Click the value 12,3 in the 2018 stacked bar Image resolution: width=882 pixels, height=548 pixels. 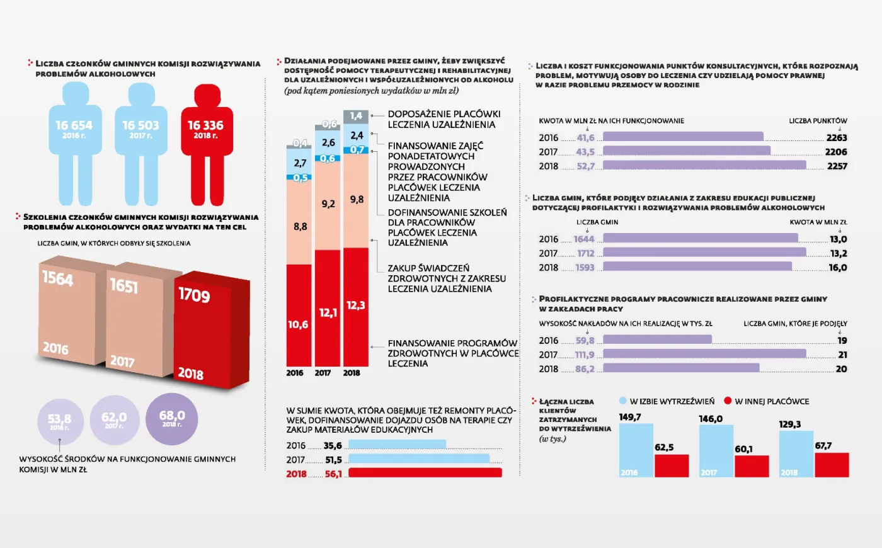(355, 305)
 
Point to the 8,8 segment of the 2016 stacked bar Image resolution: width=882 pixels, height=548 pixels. (300, 226)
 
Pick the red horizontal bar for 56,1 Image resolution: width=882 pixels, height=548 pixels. (425, 473)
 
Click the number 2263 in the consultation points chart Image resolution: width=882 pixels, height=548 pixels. (836, 138)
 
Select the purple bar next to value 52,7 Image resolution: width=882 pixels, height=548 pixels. (704, 166)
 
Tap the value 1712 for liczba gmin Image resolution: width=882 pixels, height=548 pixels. (585, 253)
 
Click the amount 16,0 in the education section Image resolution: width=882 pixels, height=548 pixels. (837, 268)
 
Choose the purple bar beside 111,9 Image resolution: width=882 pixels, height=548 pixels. (704, 354)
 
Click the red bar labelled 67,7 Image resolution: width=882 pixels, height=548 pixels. (832, 464)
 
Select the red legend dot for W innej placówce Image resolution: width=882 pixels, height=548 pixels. (728, 401)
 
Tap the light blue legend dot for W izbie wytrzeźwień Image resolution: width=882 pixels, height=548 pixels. (623, 401)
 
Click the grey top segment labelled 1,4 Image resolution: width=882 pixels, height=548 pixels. (356, 117)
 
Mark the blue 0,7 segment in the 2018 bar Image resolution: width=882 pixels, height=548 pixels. (357, 150)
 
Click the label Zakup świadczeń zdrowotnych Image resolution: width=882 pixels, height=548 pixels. (446, 278)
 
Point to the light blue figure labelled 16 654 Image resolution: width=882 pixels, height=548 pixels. (74, 139)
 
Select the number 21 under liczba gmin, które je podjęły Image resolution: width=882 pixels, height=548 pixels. (842, 355)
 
